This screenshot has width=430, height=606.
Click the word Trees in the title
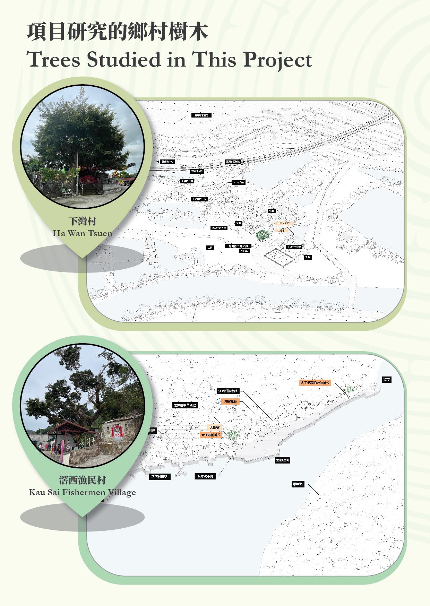(54, 59)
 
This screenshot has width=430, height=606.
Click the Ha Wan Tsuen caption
(82, 233)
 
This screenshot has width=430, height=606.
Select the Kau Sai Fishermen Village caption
(82, 492)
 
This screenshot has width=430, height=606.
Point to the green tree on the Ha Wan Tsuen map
(263, 235)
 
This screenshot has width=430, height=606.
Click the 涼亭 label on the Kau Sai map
(387, 380)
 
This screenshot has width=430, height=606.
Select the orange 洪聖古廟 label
(230, 401)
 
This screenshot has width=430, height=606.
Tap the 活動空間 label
(282, 460)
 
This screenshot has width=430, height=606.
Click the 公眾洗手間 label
(205, 476)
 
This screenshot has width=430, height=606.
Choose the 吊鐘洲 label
(298, 484)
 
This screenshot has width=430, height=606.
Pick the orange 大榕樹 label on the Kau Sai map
(214, 427)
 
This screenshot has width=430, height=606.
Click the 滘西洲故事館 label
(228, 391)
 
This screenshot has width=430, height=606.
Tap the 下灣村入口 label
(197, 171)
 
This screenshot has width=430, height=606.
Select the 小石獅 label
(244, 251)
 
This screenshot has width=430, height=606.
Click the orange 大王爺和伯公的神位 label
(315, 383)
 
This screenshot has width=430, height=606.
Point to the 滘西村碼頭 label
(160, 477)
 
